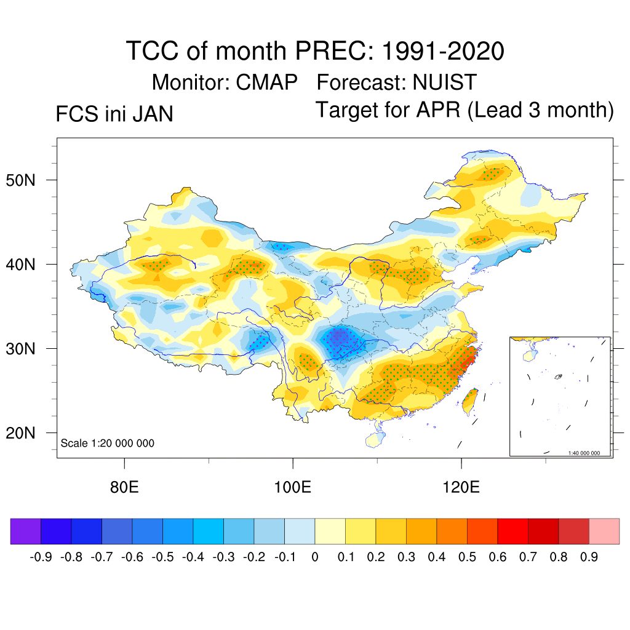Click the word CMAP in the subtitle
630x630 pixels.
pyautogui.click(x=268, y=82)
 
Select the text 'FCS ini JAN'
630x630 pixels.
pyautogui.click(x=114, y=114)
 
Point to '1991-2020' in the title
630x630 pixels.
pyautogui.click(x=443, y=51)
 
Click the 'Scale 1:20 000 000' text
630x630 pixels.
pyautogui.click(x=108, y=444)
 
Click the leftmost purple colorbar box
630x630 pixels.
pyautogui.click(x=26, y=531)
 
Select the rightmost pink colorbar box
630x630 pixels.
pyautogui.click(x=604, y=531)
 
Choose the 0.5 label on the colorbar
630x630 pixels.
pyautogui.click(x=467, y=557)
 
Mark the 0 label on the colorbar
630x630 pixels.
pyautogui.click(x=315, y=557)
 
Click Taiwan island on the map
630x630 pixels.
pyautogui.click(x=472, y=401)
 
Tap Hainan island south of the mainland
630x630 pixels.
pyautogui.click(x=373, y=439)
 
